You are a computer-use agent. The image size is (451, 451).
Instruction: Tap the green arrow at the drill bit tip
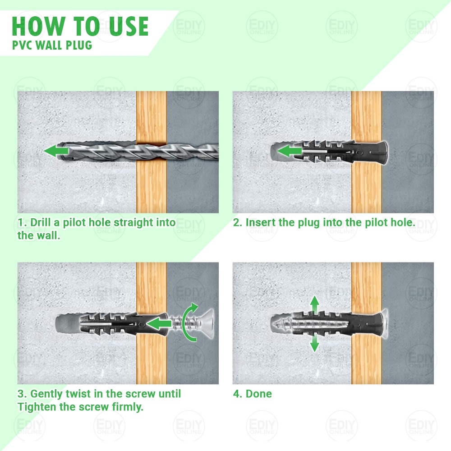[x=56, y=151]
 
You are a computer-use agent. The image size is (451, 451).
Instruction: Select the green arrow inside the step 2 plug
[x=290, y=151]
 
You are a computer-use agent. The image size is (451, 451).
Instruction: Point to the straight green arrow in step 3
[x=159, y=323]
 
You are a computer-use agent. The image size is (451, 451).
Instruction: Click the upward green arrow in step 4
[x=315, y=305]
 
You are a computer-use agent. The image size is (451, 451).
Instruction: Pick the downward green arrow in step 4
[x=315, y=343]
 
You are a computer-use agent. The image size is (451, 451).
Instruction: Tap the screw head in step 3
[x=207, y=323]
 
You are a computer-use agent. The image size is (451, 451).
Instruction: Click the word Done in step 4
[x=258, y=394]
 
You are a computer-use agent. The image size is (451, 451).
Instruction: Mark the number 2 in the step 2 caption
[x=237, y=223]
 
